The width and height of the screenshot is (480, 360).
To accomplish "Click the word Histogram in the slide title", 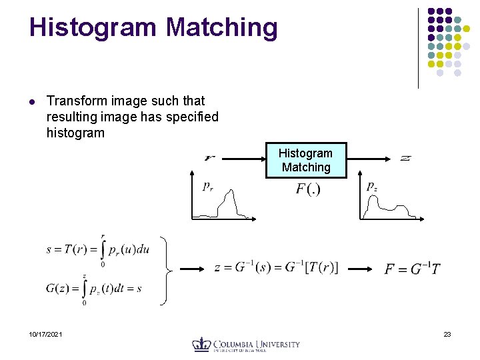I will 93,27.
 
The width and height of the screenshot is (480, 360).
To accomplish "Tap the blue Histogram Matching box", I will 306,160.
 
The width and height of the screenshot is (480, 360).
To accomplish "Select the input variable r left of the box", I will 209,158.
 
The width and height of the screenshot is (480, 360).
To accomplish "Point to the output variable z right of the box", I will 405,158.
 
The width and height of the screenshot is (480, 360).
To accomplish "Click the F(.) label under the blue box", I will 308,189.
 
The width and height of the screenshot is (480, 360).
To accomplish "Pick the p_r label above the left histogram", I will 208,186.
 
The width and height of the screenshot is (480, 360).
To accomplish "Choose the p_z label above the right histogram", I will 371,187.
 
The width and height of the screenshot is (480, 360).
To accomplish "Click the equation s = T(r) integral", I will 97,250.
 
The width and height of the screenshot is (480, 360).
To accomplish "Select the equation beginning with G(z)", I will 94,289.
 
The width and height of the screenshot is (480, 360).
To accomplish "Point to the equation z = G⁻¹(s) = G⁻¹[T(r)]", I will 276,268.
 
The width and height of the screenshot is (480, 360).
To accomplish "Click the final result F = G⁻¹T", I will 412,269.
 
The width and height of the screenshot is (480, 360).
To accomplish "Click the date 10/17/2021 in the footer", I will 46,334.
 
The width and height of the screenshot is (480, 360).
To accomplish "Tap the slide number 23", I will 447,334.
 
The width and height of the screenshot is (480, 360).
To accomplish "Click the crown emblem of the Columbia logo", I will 201,344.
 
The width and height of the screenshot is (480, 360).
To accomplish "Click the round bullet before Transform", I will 31,101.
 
